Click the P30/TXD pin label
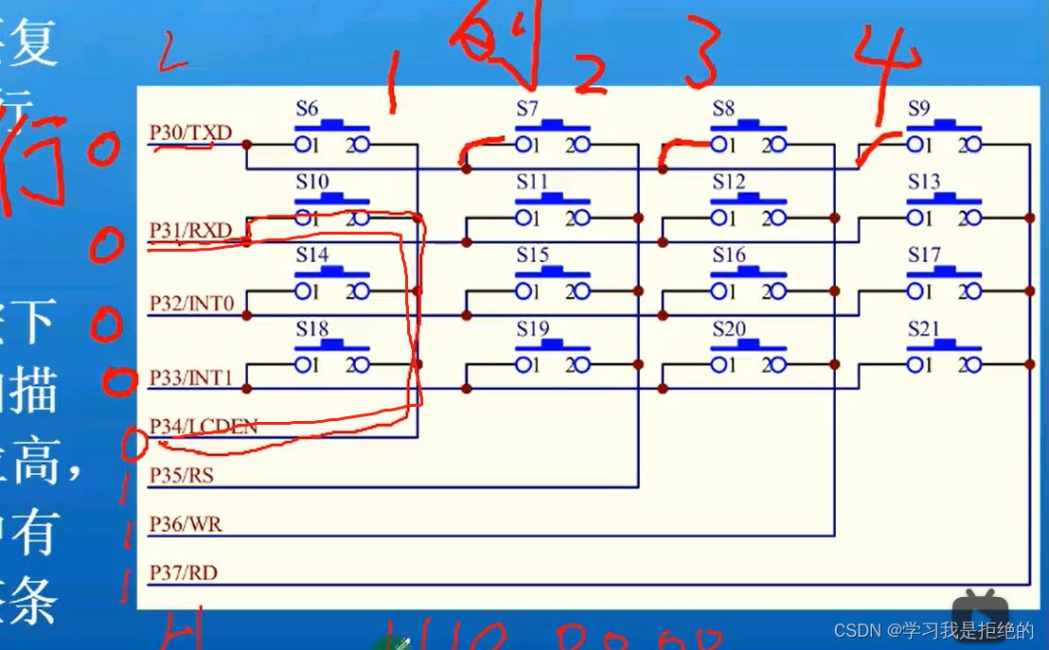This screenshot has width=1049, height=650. (x=190, y=133)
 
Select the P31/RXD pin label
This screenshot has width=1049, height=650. (x=190, y=230)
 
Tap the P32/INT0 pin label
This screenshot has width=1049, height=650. (x=191, y=304)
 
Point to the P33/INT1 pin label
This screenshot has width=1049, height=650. (x=191, y=378)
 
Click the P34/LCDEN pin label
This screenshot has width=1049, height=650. (x=204, y=427)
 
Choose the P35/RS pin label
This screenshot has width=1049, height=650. (x=182, y=475)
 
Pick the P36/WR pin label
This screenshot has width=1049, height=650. (x=186, y=524)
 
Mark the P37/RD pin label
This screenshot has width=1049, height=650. (x=184, y=572)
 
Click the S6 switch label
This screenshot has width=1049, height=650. (x=307, y=108)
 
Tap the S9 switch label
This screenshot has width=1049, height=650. (x=919, y=108)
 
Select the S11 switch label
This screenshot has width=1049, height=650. (x=532, y=182)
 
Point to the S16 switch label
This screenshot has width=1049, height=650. (x=729, y=255)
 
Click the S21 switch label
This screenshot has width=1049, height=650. (x=924, y=329)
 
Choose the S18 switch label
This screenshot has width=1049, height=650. (x=311, y=329)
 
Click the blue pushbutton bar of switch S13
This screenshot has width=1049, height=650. (x=943, y=200)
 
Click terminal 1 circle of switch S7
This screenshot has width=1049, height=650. (x=523, y=145)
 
